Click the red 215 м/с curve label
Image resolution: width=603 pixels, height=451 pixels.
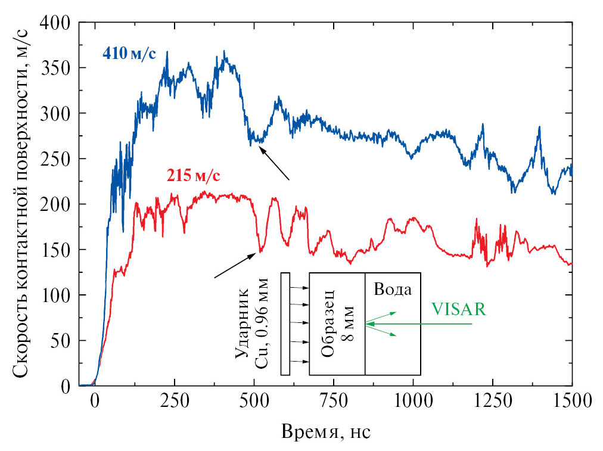(x=192, y=176)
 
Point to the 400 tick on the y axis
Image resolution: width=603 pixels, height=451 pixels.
(x=58, y=22)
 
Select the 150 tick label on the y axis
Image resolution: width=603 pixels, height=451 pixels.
(x=58, y=250)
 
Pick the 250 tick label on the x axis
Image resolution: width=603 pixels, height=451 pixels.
(x=173, y=400)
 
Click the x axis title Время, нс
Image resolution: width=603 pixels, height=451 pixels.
(x=327, y=430)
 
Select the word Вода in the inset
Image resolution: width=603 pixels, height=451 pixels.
(x=393, y=290)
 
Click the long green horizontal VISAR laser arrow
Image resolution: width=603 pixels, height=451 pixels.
(x=423, y=324)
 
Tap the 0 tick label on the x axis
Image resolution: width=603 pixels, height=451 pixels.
(x=94, y=400)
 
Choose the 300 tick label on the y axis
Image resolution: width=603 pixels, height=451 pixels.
(x=58, y=113)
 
